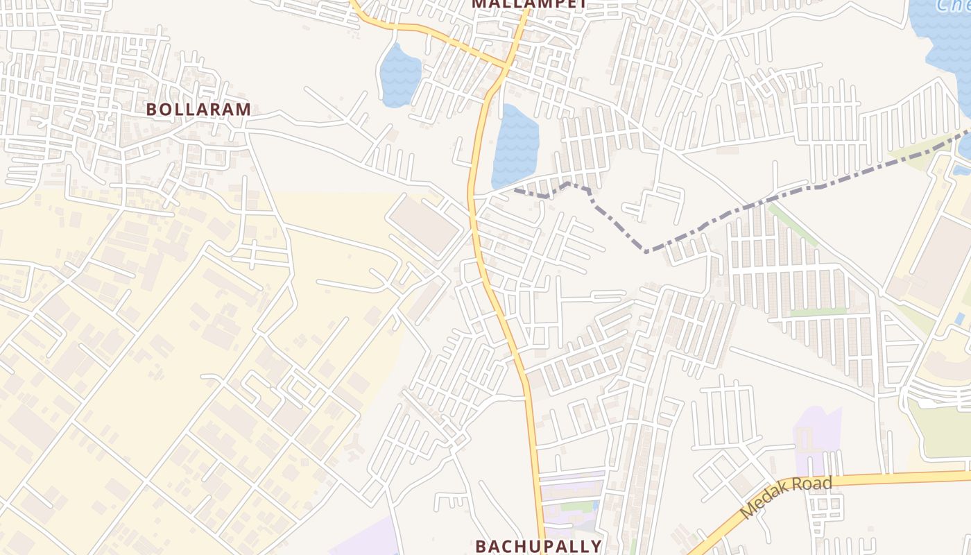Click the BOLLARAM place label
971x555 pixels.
pos(198,110)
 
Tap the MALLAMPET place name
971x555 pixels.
pos(529,3)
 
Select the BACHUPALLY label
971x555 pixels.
pos(538,546)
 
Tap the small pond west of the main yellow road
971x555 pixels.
pos(400,74)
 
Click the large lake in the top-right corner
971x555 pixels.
pos(943,42)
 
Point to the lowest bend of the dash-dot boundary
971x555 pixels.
pos(646,250)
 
